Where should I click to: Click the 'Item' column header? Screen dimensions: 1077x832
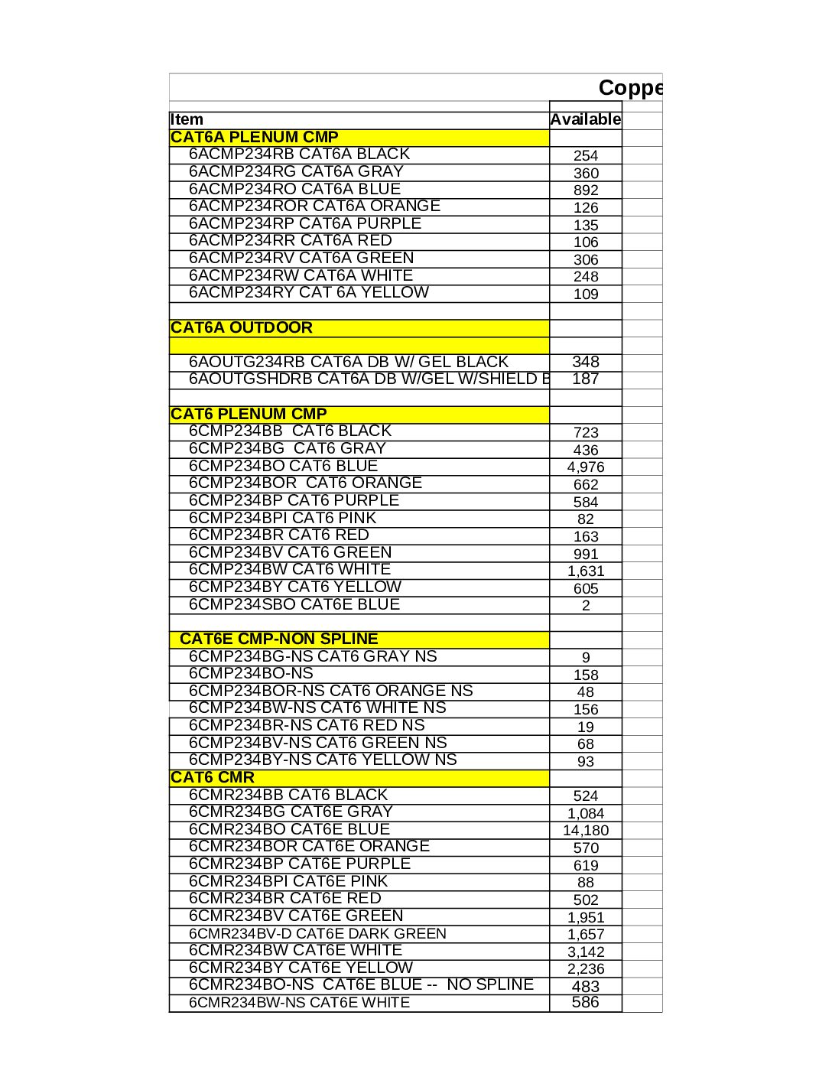pyautogui.click(x=187, y=119)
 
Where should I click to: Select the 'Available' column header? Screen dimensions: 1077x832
pyautogui.click(x=585, y=119)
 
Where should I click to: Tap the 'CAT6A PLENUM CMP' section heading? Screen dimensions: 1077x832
pyautogui.click(x=255, y=137)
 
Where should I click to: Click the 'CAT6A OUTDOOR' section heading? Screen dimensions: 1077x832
pyautogui.click(x=242, y=327)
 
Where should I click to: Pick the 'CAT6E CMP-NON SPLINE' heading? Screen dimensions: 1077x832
pyautogui.click(x=278, y=639)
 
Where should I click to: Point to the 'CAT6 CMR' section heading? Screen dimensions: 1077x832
pyautogui.click(x=213, y=777)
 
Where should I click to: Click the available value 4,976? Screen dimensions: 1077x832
pyautogui.click(x=586, y=467)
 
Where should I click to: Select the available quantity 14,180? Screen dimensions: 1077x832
pyautogui.click(x=586, y=830)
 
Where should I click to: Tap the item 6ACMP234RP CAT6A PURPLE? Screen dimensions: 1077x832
pyautogui.click(x=305, y=223)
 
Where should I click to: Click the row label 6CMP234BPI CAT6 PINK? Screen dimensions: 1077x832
pyautogui.click(x=282, y=518)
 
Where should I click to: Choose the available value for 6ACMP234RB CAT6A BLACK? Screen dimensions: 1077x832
pyautogui.click(x=586, y=155)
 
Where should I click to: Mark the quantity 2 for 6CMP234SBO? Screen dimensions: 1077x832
pyautogui.click(x=586, y=605)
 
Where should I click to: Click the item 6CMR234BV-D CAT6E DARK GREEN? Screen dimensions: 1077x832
pyautogui.click(x=317, y=933)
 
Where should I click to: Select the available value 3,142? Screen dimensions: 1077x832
pyautogui.click(x=586, y=952)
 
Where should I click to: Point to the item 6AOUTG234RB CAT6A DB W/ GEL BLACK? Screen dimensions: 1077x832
pyautogui.click(x=349, y=362)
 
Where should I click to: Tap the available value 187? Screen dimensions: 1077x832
pyautogui.click(x=586, y=379)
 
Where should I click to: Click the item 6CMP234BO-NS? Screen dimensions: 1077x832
pyautogui.click(x=251, y=673)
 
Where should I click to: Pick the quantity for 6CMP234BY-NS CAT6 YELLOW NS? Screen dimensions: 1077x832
pyautogui.click(x=586, y=761)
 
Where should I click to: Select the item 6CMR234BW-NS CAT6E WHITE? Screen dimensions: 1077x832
pyautogui.click(x=299, y=1002)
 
